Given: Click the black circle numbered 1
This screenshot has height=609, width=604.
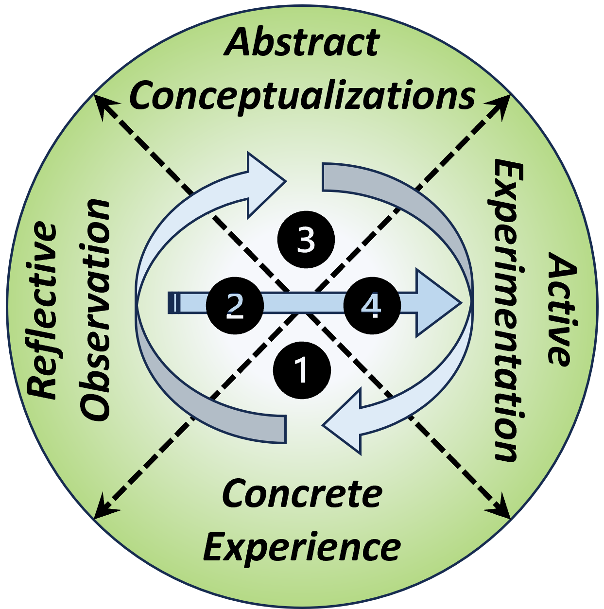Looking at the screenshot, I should pos(302,370).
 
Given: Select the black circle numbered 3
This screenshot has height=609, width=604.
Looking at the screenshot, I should pos(306,239).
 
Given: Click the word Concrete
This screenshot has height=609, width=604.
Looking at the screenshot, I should pos(302,494).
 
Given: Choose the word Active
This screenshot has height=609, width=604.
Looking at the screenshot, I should pos(562,309).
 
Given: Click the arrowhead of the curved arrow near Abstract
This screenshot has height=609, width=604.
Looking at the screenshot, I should pos(265,184).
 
